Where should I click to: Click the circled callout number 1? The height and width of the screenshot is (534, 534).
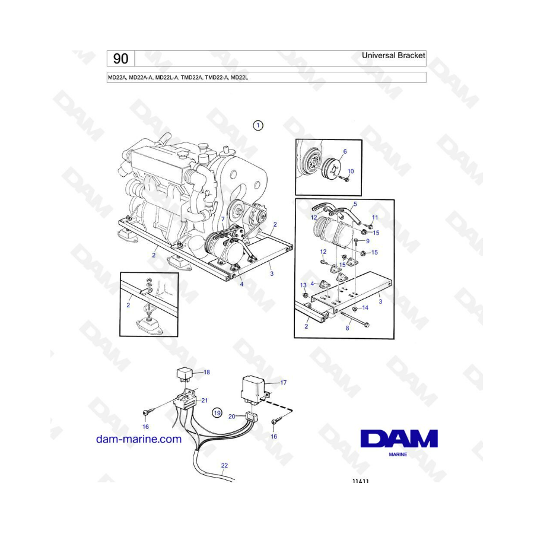point(258,125)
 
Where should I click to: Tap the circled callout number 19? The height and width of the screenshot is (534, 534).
point(217,413)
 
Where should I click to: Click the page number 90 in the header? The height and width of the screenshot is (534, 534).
point(120,59)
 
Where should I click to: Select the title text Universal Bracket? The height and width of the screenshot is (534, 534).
point(393,55)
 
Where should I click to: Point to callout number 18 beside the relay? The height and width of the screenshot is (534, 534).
point(206,372)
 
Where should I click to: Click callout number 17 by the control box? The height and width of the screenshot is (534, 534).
point(284,383)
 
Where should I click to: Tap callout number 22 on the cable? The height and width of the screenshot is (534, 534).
point(224,465)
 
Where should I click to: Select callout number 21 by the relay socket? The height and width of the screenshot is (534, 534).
point(204,401)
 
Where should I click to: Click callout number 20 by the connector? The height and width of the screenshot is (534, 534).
point(232,417)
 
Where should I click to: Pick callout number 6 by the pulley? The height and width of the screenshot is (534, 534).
point(345,151)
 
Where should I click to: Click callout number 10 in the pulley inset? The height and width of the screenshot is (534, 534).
point(351,171)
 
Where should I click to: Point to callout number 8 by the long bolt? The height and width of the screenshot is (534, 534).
point(347,328)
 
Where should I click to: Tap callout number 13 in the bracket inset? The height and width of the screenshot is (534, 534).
point(303,285)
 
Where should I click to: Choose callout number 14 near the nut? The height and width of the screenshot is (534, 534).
point(365,308)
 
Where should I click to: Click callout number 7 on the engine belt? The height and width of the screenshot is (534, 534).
point(223,219)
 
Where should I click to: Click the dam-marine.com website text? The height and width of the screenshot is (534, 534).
point(139,439)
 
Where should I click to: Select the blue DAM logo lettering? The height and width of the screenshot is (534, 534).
point(399,438)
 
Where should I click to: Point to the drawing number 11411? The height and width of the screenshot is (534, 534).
point(360,481)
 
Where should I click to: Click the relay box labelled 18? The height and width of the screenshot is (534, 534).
point(185,374)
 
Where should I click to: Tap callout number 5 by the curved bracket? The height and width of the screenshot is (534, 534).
point(355,204)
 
